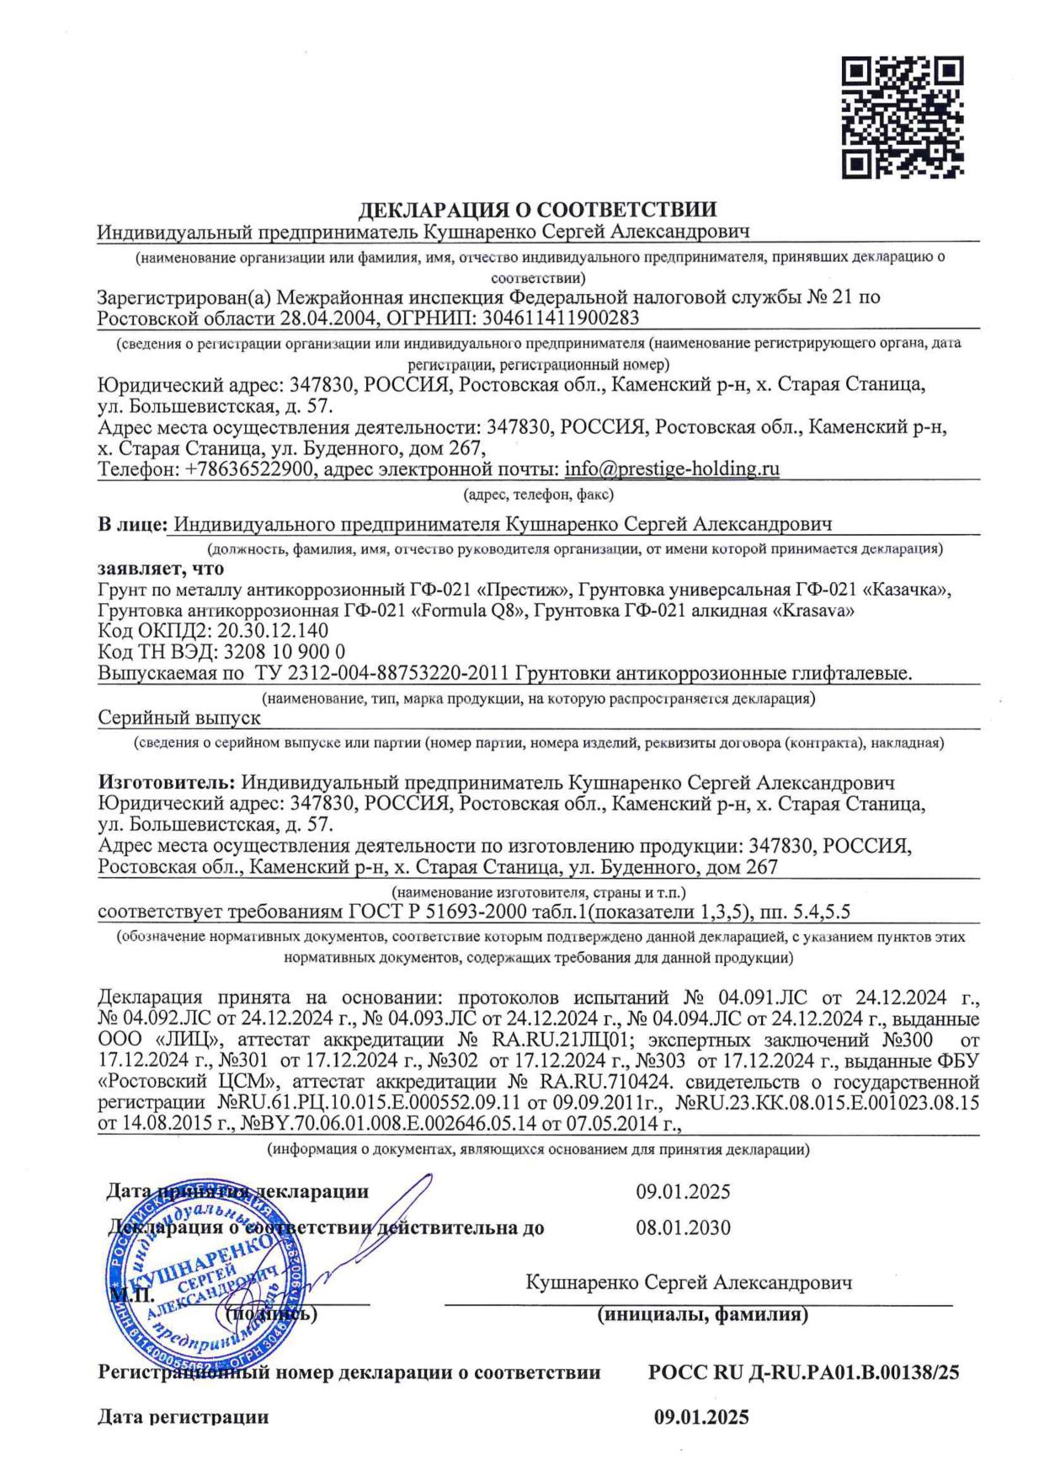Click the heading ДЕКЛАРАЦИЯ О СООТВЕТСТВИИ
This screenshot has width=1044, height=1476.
538,210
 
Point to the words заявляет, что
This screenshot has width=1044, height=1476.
161,569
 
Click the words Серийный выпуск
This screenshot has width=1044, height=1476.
179,717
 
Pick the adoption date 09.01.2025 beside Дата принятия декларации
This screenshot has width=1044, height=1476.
683,1191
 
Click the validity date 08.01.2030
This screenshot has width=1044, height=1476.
683,1227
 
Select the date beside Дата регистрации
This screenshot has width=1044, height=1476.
701,1417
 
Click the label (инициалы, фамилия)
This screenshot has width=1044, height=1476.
703,1313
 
